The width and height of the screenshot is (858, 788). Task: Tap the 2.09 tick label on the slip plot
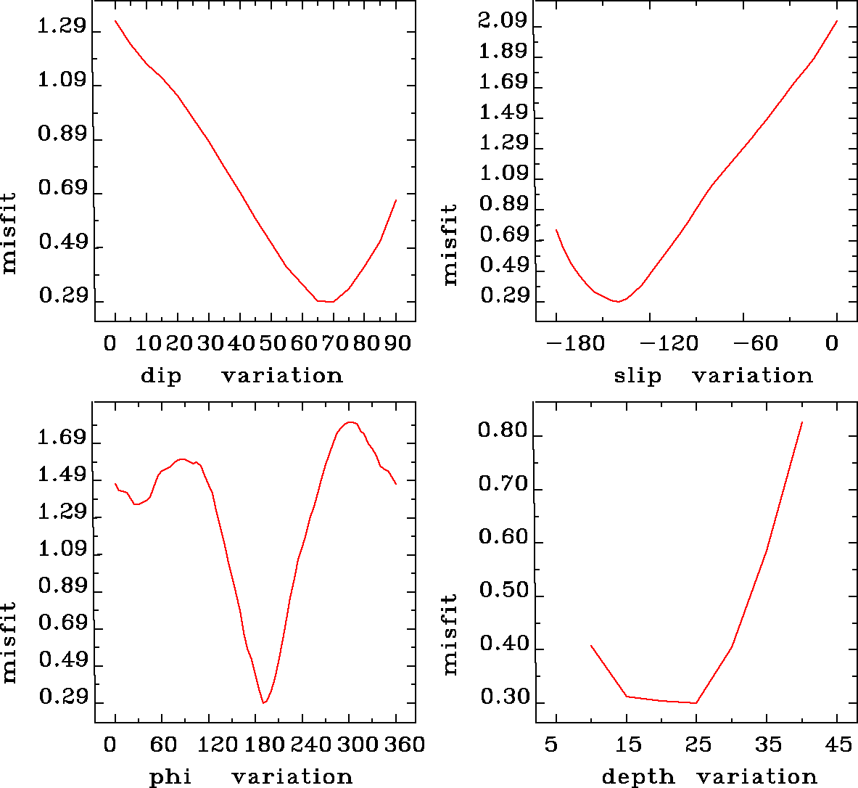click(x=502, y=22)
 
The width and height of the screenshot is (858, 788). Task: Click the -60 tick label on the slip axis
click(x=759, y=343)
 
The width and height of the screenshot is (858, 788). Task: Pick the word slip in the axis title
click(x=638, y=376)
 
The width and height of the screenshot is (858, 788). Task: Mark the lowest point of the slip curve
click(x=617, y=301)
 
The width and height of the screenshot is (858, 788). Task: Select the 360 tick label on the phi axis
click(x=404, y=744)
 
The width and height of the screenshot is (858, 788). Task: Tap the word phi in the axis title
click(x=170, y=777)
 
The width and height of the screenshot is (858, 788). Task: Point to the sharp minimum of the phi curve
click(x=264, y=703)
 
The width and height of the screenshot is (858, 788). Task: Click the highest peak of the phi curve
click(x=350, y=422)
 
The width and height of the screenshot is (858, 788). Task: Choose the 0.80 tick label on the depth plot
click(x=502, y=432)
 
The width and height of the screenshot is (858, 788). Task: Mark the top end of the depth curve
click(x=802, y=422)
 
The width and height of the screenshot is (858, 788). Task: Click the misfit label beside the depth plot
click(x=450, y=635)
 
